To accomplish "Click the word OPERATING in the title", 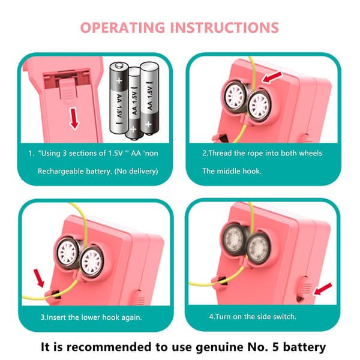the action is (122, 28).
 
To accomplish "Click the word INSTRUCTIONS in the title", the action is (224, 28).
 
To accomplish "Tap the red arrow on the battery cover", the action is (74, 119).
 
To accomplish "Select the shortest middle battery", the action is (134, 103).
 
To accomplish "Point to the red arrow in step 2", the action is (272, 77).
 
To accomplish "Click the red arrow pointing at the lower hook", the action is (38, 278).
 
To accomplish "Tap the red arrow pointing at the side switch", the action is (323, 289).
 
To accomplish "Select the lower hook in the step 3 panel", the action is (53, 295).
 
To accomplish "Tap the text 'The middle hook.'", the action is (232, 171).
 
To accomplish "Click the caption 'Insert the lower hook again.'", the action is (91, 317).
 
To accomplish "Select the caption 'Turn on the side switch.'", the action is (253, 317).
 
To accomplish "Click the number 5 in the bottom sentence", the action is (275, 347).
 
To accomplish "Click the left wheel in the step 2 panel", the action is (235, 97).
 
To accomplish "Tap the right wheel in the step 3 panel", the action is (92, 261).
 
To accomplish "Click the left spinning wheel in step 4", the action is (234, 239).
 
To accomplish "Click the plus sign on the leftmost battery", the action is (119, 80).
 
